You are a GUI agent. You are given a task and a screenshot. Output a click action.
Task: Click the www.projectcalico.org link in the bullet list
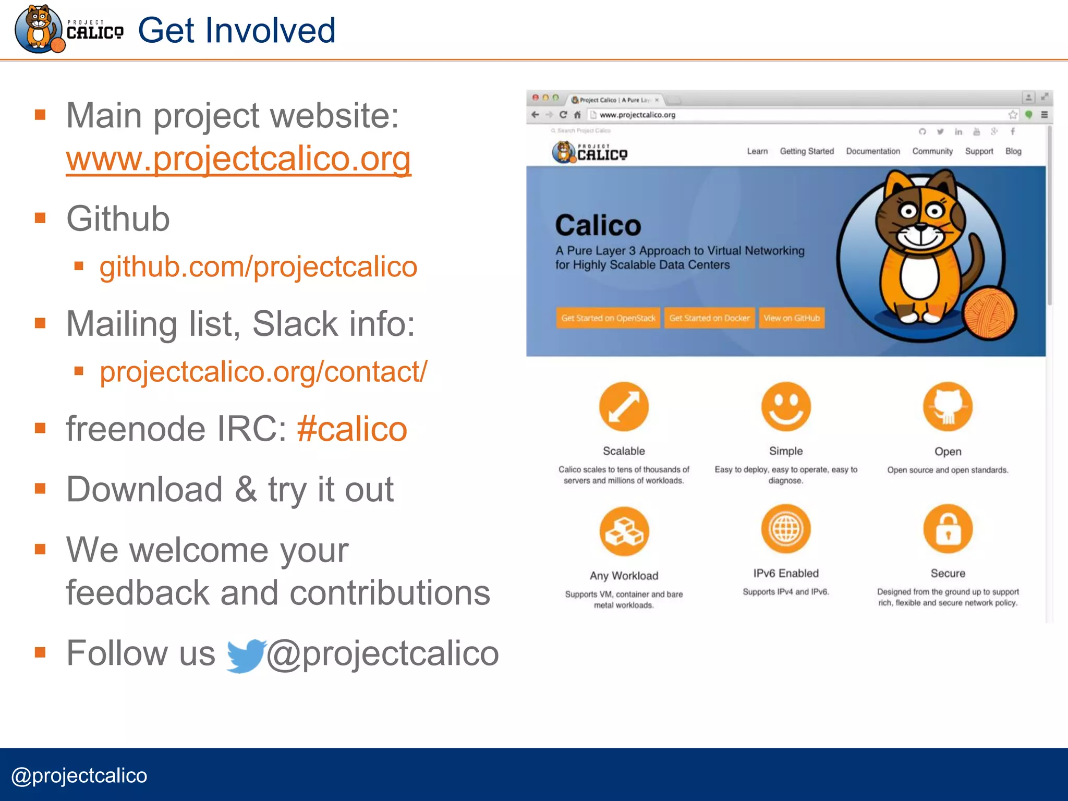point(238,159)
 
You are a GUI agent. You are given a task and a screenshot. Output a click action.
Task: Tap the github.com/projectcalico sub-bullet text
point(258,267)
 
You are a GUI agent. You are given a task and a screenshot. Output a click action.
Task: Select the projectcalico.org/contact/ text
point(263,372)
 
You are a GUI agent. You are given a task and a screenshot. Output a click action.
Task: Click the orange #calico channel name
point(352,429)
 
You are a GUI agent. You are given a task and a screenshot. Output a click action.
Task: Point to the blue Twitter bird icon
point(246,655)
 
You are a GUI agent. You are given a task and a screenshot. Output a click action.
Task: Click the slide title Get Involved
point(237,30)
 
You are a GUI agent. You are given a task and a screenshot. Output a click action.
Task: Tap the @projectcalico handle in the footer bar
point(79,775)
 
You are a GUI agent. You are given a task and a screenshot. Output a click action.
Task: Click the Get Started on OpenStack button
point(608,318)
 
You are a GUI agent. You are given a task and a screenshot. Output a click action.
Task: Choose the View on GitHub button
point(791,318)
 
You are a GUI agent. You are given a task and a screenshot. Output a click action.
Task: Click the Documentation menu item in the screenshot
point(873,151)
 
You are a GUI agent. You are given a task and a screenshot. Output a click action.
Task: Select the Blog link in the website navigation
point(1013,151)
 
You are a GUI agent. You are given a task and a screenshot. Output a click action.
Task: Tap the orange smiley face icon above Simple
point(786,407)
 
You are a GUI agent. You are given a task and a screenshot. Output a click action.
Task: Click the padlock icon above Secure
point(948,529)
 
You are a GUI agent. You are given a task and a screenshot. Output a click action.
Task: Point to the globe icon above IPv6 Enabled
point(786,529)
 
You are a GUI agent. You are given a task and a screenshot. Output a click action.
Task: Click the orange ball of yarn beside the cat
point(989,313)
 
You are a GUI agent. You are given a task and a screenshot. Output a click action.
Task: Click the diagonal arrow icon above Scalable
point(624,407)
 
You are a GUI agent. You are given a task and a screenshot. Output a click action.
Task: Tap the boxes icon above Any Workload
point(624,531)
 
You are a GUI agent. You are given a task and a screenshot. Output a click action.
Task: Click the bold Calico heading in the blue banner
point(598,225)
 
